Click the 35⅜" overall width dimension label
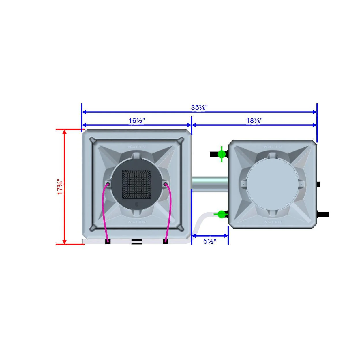pos(199,108)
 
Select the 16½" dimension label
pos(136,121)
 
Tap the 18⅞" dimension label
pos(254,121)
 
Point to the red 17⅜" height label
pos(60,186)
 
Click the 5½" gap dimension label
pos(209,241)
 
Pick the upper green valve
pos(222,154)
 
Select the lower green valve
pos(221,214)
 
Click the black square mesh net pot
pos(136,184)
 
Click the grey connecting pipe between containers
pos(210,184)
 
